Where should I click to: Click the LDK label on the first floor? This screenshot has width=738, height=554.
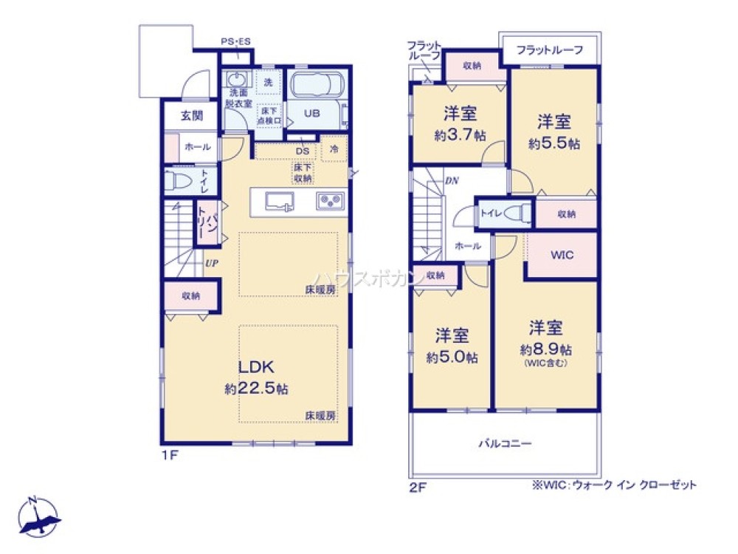[x=256, y=367]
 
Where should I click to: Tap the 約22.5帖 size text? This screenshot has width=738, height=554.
[x=256, y=389]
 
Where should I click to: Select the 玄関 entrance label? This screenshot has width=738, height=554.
[x=190, y=117]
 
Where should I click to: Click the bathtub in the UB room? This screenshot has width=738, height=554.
[x=315, y=87]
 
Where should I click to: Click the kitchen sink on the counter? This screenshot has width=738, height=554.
[x=278, y=201]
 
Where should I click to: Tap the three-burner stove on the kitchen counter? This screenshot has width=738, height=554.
[x=329, y=201]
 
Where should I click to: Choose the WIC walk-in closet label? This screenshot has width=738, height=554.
[x=562, y=255]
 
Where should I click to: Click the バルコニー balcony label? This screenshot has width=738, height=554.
[x=505, y=443]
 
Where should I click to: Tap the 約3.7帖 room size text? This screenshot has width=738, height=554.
[x=459, y=136]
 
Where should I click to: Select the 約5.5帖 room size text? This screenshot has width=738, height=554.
[x=553, y=144]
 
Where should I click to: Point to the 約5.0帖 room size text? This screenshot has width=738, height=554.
[x=452, y=358]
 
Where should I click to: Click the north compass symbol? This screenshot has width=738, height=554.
[x=37, y=516]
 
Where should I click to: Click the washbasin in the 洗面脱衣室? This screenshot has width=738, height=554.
[x=237, y=79]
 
